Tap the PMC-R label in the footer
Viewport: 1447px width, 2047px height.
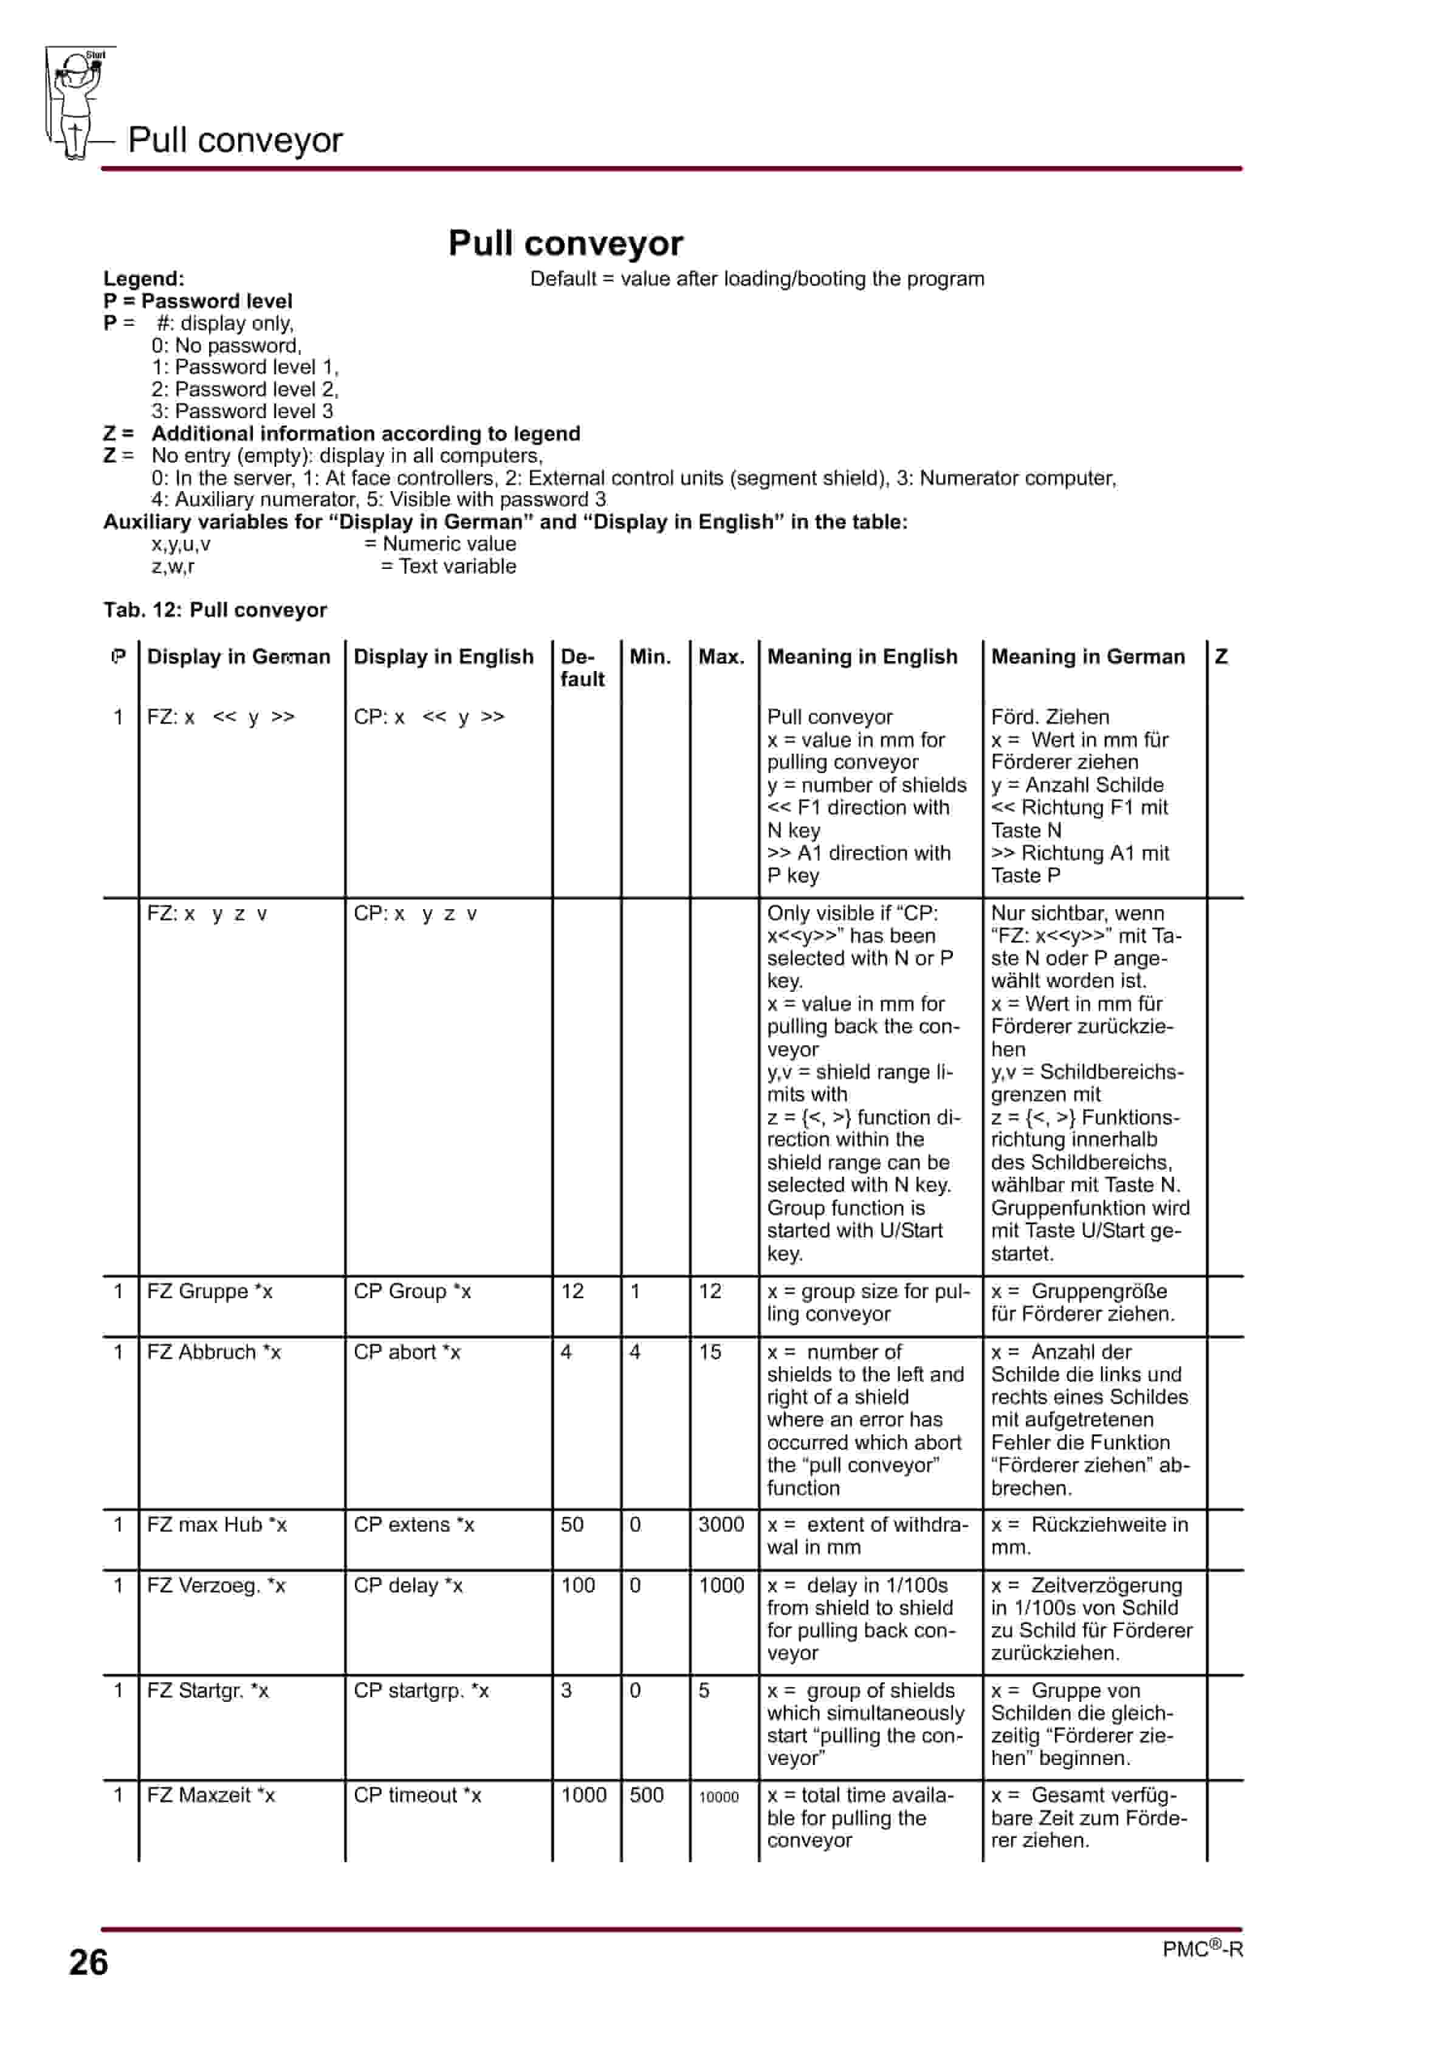point(1202,1949)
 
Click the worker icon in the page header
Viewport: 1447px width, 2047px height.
point(77,103)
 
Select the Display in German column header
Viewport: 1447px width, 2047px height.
point(238,656)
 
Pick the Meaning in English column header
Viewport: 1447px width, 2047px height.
point(862,656)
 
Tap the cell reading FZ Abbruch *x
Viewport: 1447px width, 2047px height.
point(214,1352)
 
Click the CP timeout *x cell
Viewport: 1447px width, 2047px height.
point(418,1795)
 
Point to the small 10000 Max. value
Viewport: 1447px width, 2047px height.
point(718,1797)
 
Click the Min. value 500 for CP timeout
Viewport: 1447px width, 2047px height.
point(647,1795)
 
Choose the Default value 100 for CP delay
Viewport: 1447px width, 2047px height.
point(578,1585)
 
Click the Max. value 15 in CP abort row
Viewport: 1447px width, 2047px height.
point(710,1352)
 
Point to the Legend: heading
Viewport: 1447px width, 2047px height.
point(143,278)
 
